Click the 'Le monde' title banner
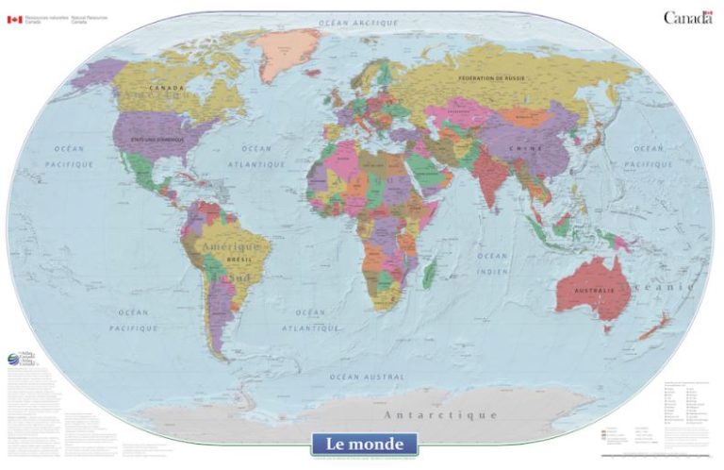coord(364,443)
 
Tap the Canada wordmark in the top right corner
coord(687,17)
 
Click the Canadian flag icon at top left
coord(14,19)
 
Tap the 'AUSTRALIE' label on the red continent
coord(594,290)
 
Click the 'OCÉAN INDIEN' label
coord(492,262)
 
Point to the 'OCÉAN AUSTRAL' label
coord(367,376)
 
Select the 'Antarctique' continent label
coord(440,414)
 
